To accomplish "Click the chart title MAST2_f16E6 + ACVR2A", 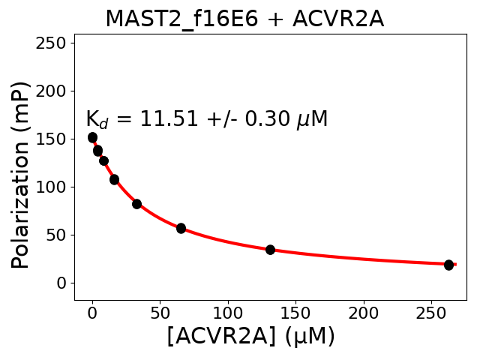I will pos(244,19).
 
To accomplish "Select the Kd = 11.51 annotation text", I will pos(206,119).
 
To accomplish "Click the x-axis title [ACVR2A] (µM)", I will pos(250,337).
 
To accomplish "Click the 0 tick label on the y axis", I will pos(62,283).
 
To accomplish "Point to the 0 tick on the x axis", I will pos(92,310).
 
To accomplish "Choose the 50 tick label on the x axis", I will pos(160,310).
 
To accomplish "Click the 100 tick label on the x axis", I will pos(228,310).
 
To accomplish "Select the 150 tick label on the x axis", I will pos(295,310).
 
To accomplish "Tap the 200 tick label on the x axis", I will pos(364,310).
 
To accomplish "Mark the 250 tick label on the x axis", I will pos(431,310).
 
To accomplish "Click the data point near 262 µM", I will pos(448,265).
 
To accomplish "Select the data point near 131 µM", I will pos(270,250).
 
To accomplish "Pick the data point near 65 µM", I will pos(181,228).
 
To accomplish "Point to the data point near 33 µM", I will pos(136,204).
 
